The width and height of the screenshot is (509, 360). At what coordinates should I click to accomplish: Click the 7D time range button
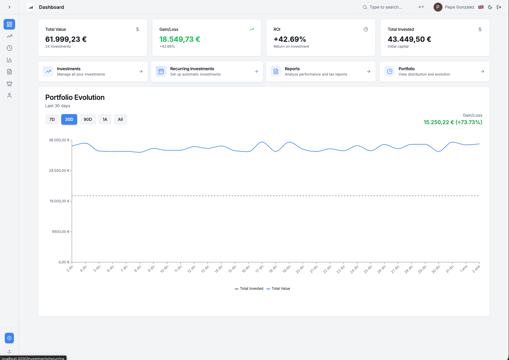[x=52, y=119]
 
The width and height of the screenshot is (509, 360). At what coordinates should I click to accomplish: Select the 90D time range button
[x=88, y=119]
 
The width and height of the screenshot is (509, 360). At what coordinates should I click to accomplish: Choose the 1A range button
[x=105, y=119]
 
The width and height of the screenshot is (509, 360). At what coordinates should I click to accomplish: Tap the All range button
[x=120, y=119]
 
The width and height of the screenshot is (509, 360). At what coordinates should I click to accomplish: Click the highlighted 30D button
[x=69, y=119]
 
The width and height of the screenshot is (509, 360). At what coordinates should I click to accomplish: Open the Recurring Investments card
[x=206, y=71]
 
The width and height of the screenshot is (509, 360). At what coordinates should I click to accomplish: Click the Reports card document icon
[x=276, y=71]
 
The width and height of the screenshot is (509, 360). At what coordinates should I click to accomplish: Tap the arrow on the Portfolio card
[x=482, y=71]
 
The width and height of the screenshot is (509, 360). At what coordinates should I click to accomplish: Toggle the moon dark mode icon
[x=490, y=7]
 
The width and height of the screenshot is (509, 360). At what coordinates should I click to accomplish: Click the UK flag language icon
[x=481, y=7]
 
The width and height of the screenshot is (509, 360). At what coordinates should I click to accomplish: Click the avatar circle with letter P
[x=438, y=7]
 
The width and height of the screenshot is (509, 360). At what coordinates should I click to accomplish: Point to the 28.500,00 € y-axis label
[x=59, y=171]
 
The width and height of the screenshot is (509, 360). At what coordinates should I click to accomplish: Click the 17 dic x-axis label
[x=259, y=269]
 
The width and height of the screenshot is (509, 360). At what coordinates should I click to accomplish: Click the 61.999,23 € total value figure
[x=66, y=39]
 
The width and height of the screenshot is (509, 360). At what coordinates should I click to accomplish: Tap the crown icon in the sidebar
[x=9, y=84]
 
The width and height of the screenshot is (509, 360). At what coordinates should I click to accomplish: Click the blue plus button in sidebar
[x=9, y=338]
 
